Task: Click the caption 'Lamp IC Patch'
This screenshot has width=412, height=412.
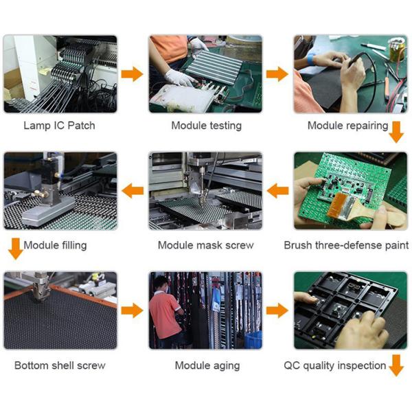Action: coord(59,126)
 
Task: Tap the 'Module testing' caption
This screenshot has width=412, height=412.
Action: coord(207,126)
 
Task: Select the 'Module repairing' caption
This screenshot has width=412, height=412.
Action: coord(347,126)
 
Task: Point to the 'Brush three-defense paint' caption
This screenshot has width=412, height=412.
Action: coord(346,245)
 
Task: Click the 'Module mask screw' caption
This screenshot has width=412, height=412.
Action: coord(206,245)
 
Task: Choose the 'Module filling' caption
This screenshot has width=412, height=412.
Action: coord(55,246)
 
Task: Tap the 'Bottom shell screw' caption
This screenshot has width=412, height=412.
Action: coord(60,365)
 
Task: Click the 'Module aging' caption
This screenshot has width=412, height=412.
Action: coord(207,366)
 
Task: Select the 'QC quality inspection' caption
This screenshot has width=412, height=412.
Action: coord(335,366)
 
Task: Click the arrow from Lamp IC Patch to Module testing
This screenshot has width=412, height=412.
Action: coord(132,74)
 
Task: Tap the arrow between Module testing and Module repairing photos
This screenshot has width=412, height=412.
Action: coord(277,74)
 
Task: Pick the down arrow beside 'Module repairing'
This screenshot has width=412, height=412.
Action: coord(396,132)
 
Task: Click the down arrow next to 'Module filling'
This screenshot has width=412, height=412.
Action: coord(16,249)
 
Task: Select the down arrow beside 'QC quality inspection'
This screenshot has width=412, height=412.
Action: coord(396,365)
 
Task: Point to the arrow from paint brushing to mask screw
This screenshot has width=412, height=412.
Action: coord(277,191)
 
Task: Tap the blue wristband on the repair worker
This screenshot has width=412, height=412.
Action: coord(311,59)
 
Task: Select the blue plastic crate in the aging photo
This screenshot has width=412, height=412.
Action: coord(253,340)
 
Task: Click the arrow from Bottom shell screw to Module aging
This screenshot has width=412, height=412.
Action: coord(132,310)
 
